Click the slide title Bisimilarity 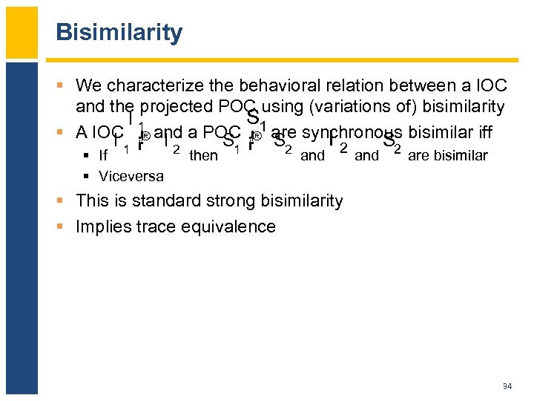coord(119,33)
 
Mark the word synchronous coord(347,133)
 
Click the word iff coord(484,133)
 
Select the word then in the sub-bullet coord(203,155)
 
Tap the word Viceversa coord(131,177)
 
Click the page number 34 coord(507,386)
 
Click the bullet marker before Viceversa coord(87,177)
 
